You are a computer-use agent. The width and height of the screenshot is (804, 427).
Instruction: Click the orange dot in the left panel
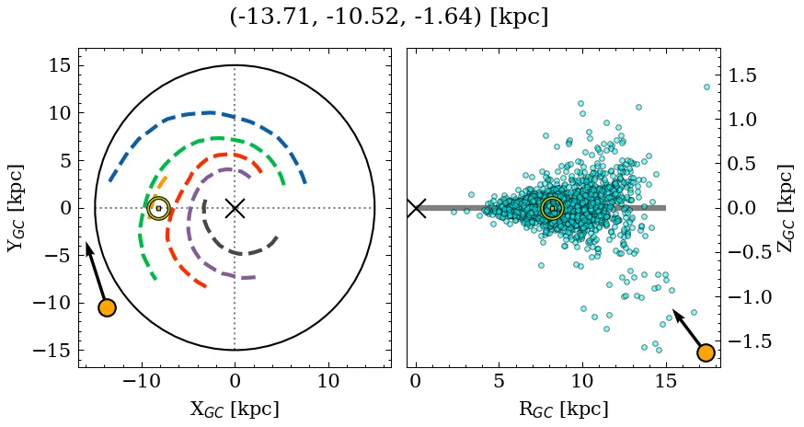coord(107,307)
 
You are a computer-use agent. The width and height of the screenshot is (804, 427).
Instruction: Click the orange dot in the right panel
coord(706,352)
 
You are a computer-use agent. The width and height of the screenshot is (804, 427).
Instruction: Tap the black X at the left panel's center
coord(235,208)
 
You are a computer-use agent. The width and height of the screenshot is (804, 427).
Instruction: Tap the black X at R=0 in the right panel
coord(416,208)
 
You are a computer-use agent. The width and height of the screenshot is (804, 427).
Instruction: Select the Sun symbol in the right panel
coord(552,209)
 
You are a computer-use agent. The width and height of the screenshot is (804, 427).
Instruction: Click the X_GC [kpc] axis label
coord(235,409)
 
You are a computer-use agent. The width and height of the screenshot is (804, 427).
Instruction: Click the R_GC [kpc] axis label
coord(564,409)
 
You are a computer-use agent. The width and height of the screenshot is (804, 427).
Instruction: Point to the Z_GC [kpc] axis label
coord(785,208)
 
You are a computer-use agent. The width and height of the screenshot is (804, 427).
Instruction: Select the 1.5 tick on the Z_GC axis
coord(744,75)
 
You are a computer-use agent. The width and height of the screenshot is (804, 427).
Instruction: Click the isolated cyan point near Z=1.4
coord(706,87)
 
